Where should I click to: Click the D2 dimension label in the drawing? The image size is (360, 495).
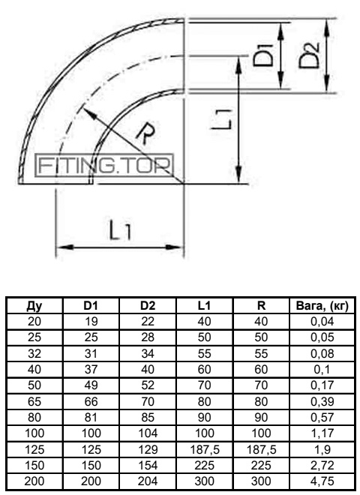[309, 56]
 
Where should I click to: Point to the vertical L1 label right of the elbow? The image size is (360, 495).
[222, 120]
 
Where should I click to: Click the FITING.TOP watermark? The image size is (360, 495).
[104, 165]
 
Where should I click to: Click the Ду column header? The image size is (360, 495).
[34, 305]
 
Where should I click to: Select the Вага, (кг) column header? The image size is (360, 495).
[322, 305]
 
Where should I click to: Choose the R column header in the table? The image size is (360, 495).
[262, 305]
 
